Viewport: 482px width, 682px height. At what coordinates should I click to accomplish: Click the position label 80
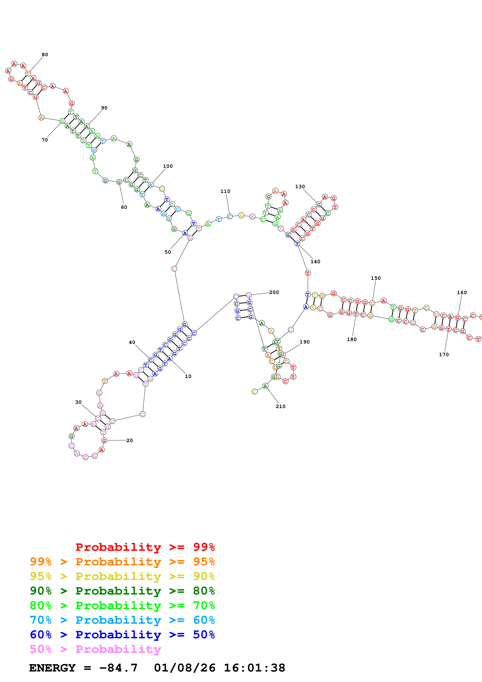click(x=45, y=55)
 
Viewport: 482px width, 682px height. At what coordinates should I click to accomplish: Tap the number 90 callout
click(x=104, y=108)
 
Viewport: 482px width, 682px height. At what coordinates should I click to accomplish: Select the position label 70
click(x=45, y=140)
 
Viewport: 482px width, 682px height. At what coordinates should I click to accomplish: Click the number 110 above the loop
click(x=225, y=191)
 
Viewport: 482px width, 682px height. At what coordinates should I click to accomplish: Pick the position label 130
click(x=300, y=187)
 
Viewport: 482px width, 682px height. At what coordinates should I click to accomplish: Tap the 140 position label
click(x=315, y=262)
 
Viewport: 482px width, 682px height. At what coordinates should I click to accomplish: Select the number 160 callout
click(x=462, y=293)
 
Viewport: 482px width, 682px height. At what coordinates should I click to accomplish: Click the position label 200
click(x=274, y=292)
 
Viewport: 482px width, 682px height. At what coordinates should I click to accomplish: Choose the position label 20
click(x=130, y=441)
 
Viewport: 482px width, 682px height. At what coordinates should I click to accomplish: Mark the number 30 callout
click(x=78, y=402)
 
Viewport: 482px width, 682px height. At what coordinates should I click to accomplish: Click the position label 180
click(x=352, y=339)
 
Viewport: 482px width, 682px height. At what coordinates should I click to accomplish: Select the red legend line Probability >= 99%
click(x=145, y=547)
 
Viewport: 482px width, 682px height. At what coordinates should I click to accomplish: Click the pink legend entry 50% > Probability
click(x=95, y=649)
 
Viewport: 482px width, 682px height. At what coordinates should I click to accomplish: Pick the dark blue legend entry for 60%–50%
click(x=122, y=635)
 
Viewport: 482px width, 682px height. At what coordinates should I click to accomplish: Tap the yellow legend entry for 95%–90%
click(x=122, y=576)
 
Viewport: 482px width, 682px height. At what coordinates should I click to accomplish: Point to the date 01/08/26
click(x=185, y=668)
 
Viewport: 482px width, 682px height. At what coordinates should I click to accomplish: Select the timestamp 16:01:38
click(x=254, y=668)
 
